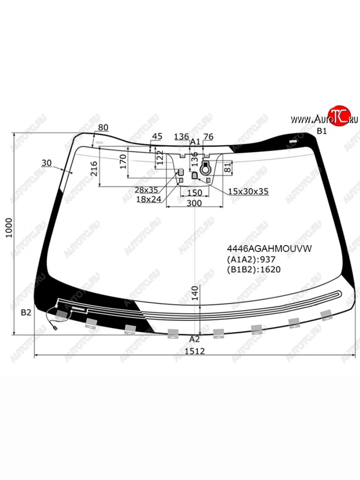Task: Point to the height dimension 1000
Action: tap(9, 228)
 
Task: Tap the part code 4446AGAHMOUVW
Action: tap(269, 249)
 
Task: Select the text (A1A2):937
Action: tap(251, 259)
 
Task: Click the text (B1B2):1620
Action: tap(254, 270)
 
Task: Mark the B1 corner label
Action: tap(322, 131)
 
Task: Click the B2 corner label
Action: tap(26, 313)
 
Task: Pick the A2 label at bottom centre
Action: tap(194, 339)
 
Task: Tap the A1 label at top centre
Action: tap(195, 142)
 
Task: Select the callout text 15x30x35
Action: tap(248, 191)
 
